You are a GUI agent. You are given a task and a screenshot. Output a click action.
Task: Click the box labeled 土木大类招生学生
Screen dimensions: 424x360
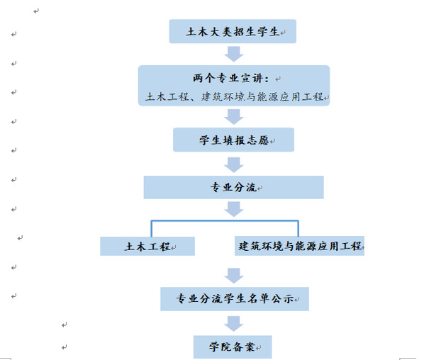click(x=233, y=31)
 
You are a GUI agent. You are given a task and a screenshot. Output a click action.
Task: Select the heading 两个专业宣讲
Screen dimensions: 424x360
click(x=231, y=79)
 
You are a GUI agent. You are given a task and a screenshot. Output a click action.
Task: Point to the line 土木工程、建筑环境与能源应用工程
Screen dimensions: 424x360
click(x=234, y=96)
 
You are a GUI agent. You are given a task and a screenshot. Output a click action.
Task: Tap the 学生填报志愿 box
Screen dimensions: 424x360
click(x=234, y=140)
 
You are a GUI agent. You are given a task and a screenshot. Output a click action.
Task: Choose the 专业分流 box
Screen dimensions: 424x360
click(x=234, y=187)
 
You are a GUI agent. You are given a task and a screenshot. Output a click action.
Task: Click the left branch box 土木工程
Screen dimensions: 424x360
click(x=147, y=246)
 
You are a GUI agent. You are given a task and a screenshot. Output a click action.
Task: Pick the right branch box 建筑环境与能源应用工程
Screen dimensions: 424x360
click(x=299, y=246)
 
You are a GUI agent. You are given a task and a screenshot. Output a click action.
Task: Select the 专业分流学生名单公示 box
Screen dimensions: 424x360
click(x=235, y=299)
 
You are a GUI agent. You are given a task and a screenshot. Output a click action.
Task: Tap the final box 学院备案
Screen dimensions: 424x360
click(x=233, y=347)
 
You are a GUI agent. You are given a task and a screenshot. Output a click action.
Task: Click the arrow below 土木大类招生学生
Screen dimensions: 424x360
click(x=234, y=54)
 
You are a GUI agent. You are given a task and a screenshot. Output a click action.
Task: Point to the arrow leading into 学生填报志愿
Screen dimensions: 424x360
click(x=234, y=117)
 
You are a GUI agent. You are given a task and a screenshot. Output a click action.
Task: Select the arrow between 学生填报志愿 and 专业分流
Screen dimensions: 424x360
click(x=234, y=164)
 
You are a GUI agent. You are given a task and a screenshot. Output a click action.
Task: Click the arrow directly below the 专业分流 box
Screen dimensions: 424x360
click(x=234, y=209)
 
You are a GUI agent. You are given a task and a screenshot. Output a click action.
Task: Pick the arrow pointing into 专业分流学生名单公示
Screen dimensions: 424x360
click(x=234, y=276)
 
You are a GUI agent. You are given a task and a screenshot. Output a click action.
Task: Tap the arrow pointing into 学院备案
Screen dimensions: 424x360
click(x=234, y=324)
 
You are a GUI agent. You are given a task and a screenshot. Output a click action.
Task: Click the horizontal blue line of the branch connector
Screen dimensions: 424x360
click(x=225, y=221)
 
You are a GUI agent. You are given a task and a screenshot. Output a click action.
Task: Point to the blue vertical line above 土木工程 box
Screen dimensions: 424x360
click(x=152, y=229)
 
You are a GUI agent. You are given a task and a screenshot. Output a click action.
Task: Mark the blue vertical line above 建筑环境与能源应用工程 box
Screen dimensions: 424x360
click(x=299, y=229)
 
